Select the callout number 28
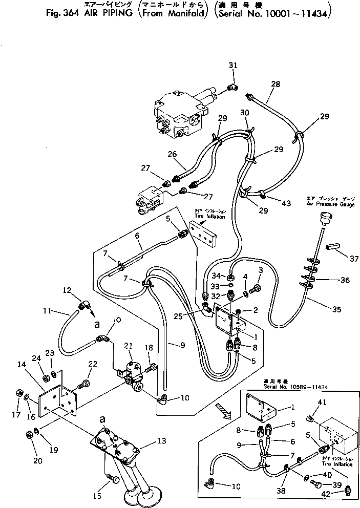(x=276, y=83)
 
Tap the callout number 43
(x=286, y=203)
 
